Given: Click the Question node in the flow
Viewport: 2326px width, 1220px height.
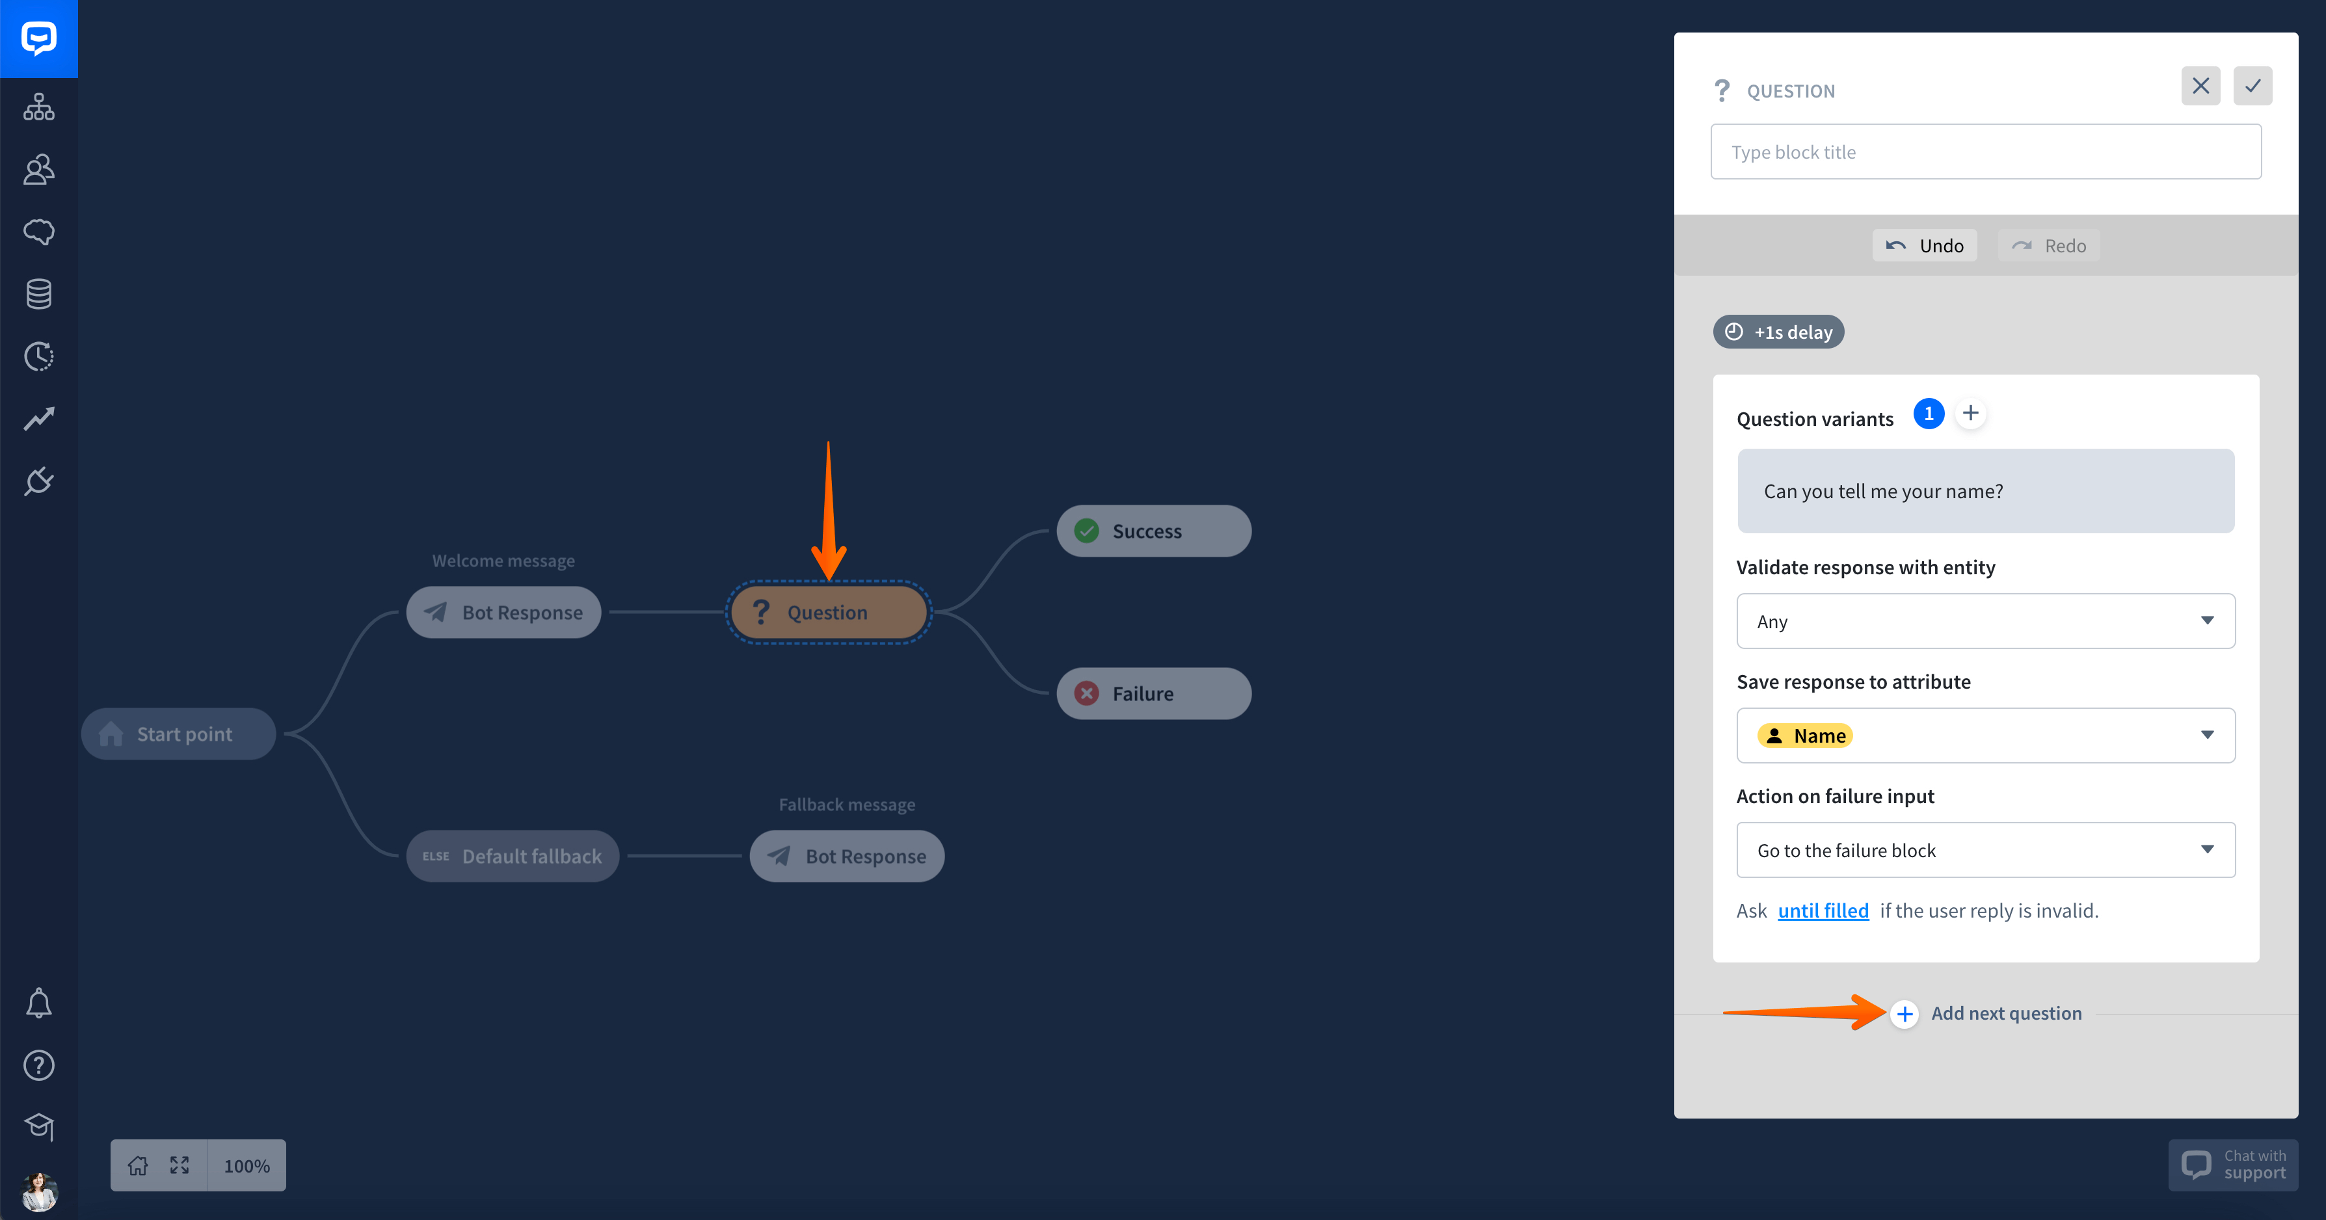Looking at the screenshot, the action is [x=828, y=612].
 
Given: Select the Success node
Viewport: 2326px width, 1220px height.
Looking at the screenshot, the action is [x=1153, y=531].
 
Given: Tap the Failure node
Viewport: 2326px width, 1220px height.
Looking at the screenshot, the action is [x=1153, y=693].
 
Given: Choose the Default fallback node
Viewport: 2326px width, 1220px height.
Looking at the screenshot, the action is [x=512, y=856].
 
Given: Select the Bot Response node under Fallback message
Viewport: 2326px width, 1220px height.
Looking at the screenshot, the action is [x=847, y=856].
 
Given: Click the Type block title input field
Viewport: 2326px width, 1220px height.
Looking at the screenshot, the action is [x=1986, y=152].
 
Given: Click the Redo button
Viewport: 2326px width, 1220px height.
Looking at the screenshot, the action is [x=2049, y=246].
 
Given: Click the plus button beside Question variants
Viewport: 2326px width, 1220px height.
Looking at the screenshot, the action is [x=1970, y=414].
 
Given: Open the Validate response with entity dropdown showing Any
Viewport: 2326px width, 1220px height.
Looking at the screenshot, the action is [x=1986, y=621].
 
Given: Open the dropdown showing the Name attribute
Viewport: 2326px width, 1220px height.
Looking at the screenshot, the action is [x=1986, y=735].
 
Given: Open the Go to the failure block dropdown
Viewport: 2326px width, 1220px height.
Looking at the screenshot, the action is [x=1986, y=850].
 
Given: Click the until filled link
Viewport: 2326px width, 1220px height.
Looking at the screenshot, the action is [x=1823, y=910].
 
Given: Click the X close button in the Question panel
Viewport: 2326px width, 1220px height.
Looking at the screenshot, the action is [x=2200, y=86].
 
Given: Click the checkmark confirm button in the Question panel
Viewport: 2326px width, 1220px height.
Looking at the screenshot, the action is [x=2253, y=86].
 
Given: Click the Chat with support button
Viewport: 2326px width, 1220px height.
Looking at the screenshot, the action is [x=2233, y=1165].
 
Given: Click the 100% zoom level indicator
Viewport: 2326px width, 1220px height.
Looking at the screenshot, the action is [x=247, y=1166].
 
